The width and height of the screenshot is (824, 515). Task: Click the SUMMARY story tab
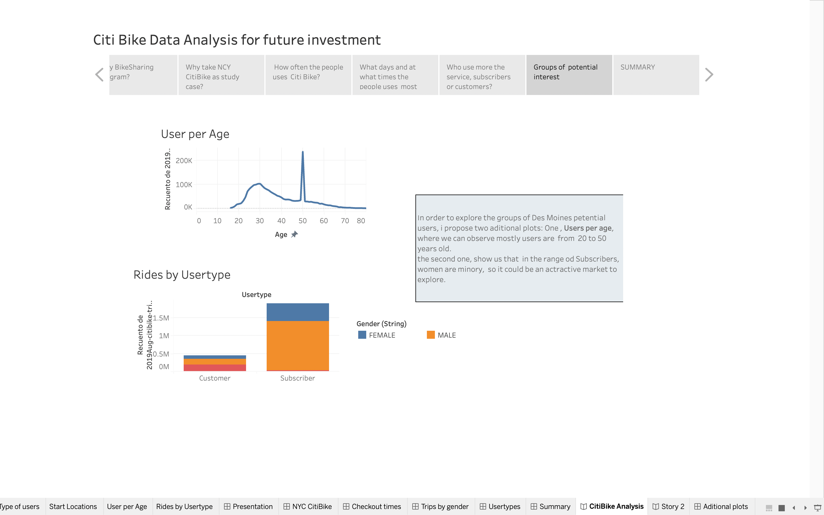pos(656,75)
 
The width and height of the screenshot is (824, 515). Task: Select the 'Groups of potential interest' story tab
pos(569,75)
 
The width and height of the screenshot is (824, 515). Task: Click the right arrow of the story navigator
pos(709,75)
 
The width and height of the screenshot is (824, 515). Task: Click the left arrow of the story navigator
pos(100,75)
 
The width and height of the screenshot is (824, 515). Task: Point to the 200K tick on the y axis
pos(184,161)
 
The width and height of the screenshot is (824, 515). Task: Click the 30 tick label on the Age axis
pos(260,221)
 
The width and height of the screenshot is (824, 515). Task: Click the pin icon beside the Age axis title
pos(294,234)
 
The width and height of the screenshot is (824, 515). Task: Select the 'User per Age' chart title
pos(195,134)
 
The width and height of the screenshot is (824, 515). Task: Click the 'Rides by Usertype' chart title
pos(182,275)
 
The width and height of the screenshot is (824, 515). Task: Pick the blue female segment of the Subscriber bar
pos(298,312)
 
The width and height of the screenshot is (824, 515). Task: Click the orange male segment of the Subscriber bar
pos(298,345)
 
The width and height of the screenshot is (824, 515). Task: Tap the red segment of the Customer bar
pos(215,368)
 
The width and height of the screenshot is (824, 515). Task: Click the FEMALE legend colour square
pos(362,335)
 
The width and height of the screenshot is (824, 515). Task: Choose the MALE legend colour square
pos(431,335)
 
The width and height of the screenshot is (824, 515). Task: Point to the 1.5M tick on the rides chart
pos(161,318)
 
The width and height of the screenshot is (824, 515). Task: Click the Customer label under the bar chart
pos(215,378)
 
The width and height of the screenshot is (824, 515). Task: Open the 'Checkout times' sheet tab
pos(372,506)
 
